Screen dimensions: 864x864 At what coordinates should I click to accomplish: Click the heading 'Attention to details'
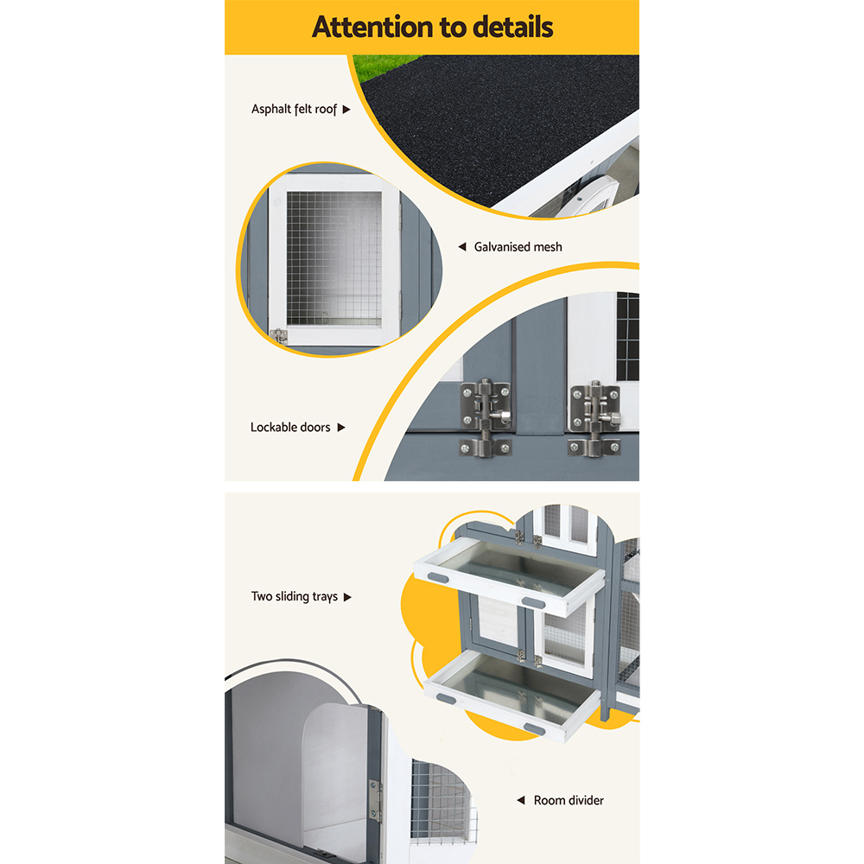pos(432,27)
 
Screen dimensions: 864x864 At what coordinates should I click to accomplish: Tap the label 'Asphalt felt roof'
pos(294,109)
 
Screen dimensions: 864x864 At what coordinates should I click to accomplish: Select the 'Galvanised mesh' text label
pos(518,247)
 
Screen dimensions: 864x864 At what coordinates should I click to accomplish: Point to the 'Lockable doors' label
pos(290,427)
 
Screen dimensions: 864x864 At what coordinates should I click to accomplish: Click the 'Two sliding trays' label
pos(295,597)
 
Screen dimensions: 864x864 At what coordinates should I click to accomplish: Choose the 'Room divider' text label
pos(569,800)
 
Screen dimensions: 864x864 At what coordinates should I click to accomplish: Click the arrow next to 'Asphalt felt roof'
pos(346,109)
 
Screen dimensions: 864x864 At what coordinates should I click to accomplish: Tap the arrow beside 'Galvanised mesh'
pos(462,247)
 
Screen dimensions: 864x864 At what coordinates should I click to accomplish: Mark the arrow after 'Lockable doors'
pos(341,427)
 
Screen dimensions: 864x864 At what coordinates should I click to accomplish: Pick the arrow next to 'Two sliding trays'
pos(347,597)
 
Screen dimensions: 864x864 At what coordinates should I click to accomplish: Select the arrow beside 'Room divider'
pos(521,800)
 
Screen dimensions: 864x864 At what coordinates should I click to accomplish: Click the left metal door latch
pos(486,417)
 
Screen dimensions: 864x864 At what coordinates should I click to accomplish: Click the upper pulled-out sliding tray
pos(510,575)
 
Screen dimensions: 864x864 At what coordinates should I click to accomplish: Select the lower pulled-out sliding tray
pos(512,695)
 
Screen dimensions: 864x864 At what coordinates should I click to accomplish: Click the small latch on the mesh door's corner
pos(279,335)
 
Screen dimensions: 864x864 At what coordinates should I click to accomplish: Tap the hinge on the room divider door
pos(375,801)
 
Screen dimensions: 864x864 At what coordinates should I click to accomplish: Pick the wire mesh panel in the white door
pos(334,258)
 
